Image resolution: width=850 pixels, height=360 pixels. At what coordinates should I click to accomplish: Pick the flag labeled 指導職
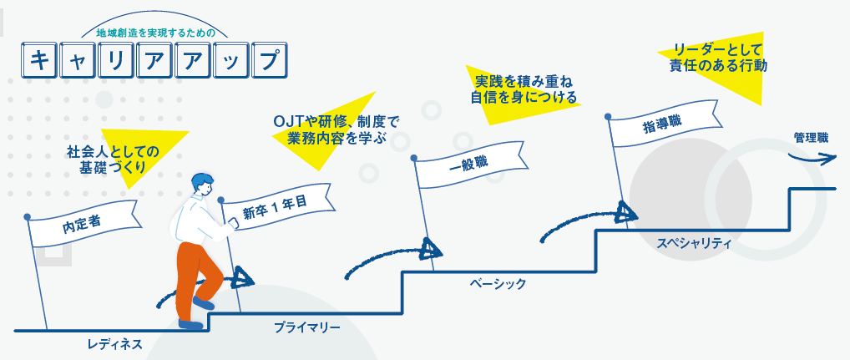pyautogui.click(x=660, y=124)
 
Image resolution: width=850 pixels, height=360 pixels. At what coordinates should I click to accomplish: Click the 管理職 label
pyautogui.click(x=811, y=137)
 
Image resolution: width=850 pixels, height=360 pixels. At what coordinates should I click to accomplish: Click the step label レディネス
pyautogui.click(x=115, y=343)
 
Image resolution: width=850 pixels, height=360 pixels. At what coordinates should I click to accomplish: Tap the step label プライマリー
pyautogui.click(x=307, y=327)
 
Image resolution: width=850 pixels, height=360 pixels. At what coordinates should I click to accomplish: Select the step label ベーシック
pyautogui.click(x=498, y=284)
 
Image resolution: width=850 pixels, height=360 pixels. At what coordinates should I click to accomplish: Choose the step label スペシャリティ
pyautogui.click(x=693, y=243)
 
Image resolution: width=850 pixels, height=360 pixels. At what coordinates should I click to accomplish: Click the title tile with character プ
pyautogui.click(x=266, y=61)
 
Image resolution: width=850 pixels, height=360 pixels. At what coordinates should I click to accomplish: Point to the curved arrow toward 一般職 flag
pyautogui.click(x=392, y=256)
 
